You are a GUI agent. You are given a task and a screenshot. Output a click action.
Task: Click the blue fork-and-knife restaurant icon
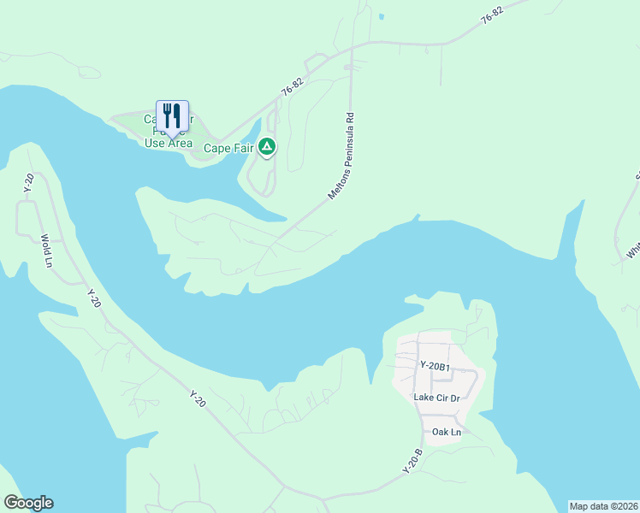pos(172,117)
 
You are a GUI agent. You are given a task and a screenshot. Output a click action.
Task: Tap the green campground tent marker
pos(268,147)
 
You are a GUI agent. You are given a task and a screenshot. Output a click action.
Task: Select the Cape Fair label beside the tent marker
pos(228,148)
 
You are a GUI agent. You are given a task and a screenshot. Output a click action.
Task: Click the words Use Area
pos(168,143)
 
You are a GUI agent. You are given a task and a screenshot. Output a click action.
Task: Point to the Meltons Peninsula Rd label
pos(341,156)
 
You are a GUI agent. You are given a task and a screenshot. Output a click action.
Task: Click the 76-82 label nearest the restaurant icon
pos(292,88)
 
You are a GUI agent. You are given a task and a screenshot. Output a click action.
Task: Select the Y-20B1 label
pos(434,366)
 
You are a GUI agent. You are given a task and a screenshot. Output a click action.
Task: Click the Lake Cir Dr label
pos(436,398)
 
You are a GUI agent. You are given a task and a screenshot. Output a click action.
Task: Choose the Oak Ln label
pos(446,432)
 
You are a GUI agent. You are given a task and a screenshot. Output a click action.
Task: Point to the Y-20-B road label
pos(412,462)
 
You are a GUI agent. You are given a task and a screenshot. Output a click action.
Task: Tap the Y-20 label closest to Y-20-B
pos(198,398)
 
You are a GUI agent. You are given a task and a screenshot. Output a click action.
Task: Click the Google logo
pos(28,503)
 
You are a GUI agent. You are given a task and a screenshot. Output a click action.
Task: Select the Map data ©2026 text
pos(603,506)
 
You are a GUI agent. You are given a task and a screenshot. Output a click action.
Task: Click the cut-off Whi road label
pos(632,249)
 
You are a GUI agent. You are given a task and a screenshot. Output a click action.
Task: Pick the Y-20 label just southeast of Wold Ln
pos(93,298)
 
